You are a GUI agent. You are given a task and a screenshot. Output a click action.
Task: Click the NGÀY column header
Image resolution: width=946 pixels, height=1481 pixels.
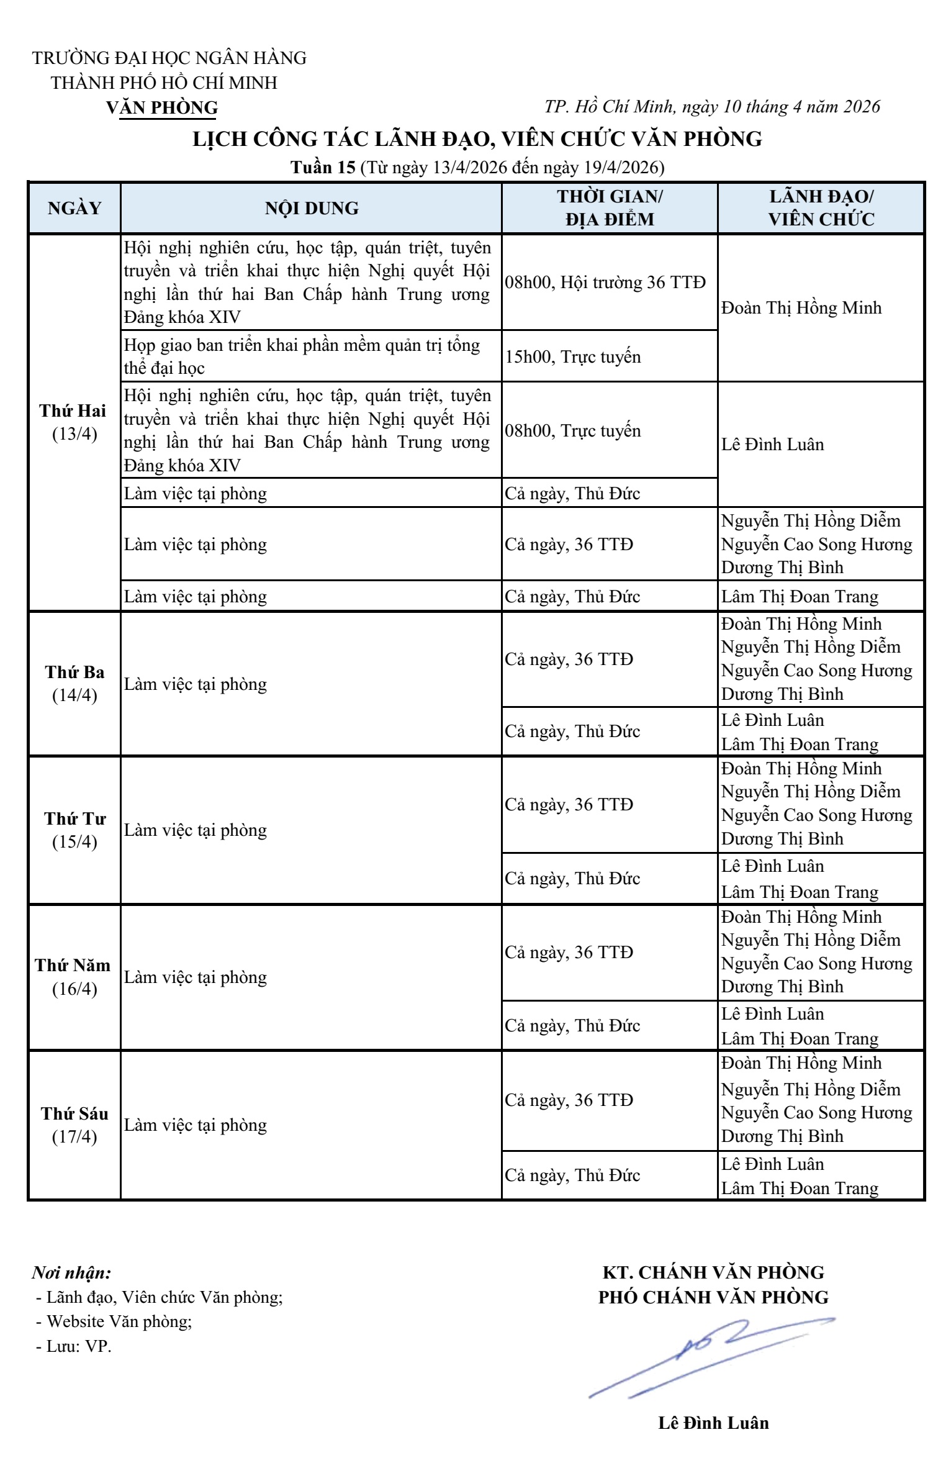(x=74, y=208)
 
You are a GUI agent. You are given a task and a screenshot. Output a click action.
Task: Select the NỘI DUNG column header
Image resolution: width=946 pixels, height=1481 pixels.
(x=312, y=208)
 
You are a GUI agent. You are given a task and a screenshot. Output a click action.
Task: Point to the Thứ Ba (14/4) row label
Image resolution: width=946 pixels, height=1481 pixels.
(x=74, y=684)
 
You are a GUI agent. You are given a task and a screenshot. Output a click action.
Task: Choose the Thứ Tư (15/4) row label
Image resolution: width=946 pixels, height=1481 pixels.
(x=74, y=830)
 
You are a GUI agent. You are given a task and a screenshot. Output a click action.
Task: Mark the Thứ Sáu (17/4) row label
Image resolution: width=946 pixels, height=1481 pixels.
(x=74, y=1125)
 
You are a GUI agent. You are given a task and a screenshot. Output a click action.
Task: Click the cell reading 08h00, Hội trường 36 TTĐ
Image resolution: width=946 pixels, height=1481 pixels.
(x=605, y=283)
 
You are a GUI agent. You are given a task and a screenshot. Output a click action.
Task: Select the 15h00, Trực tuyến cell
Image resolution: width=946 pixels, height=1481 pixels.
(x=573, y=356)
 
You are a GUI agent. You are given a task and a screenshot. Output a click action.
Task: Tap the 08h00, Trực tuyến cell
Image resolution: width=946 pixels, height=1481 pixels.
(x=573, y=431)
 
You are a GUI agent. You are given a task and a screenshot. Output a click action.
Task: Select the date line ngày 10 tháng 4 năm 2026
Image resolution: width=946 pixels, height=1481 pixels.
(x=712, y=107)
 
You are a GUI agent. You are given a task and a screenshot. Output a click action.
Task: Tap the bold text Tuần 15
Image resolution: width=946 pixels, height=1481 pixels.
(x=323, y=168)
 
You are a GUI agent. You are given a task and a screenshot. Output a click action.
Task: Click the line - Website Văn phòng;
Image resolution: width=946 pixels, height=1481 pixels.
(x=114, y=1321)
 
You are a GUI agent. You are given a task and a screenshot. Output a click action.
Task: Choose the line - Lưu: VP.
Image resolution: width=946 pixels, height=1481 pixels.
(x=74, y=1346)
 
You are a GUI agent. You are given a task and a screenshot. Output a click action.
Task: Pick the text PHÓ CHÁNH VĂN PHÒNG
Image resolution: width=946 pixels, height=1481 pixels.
(x=713, y=1297)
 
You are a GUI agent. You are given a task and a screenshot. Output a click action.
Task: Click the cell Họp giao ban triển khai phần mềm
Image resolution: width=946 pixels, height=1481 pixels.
(x=302, y=356)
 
